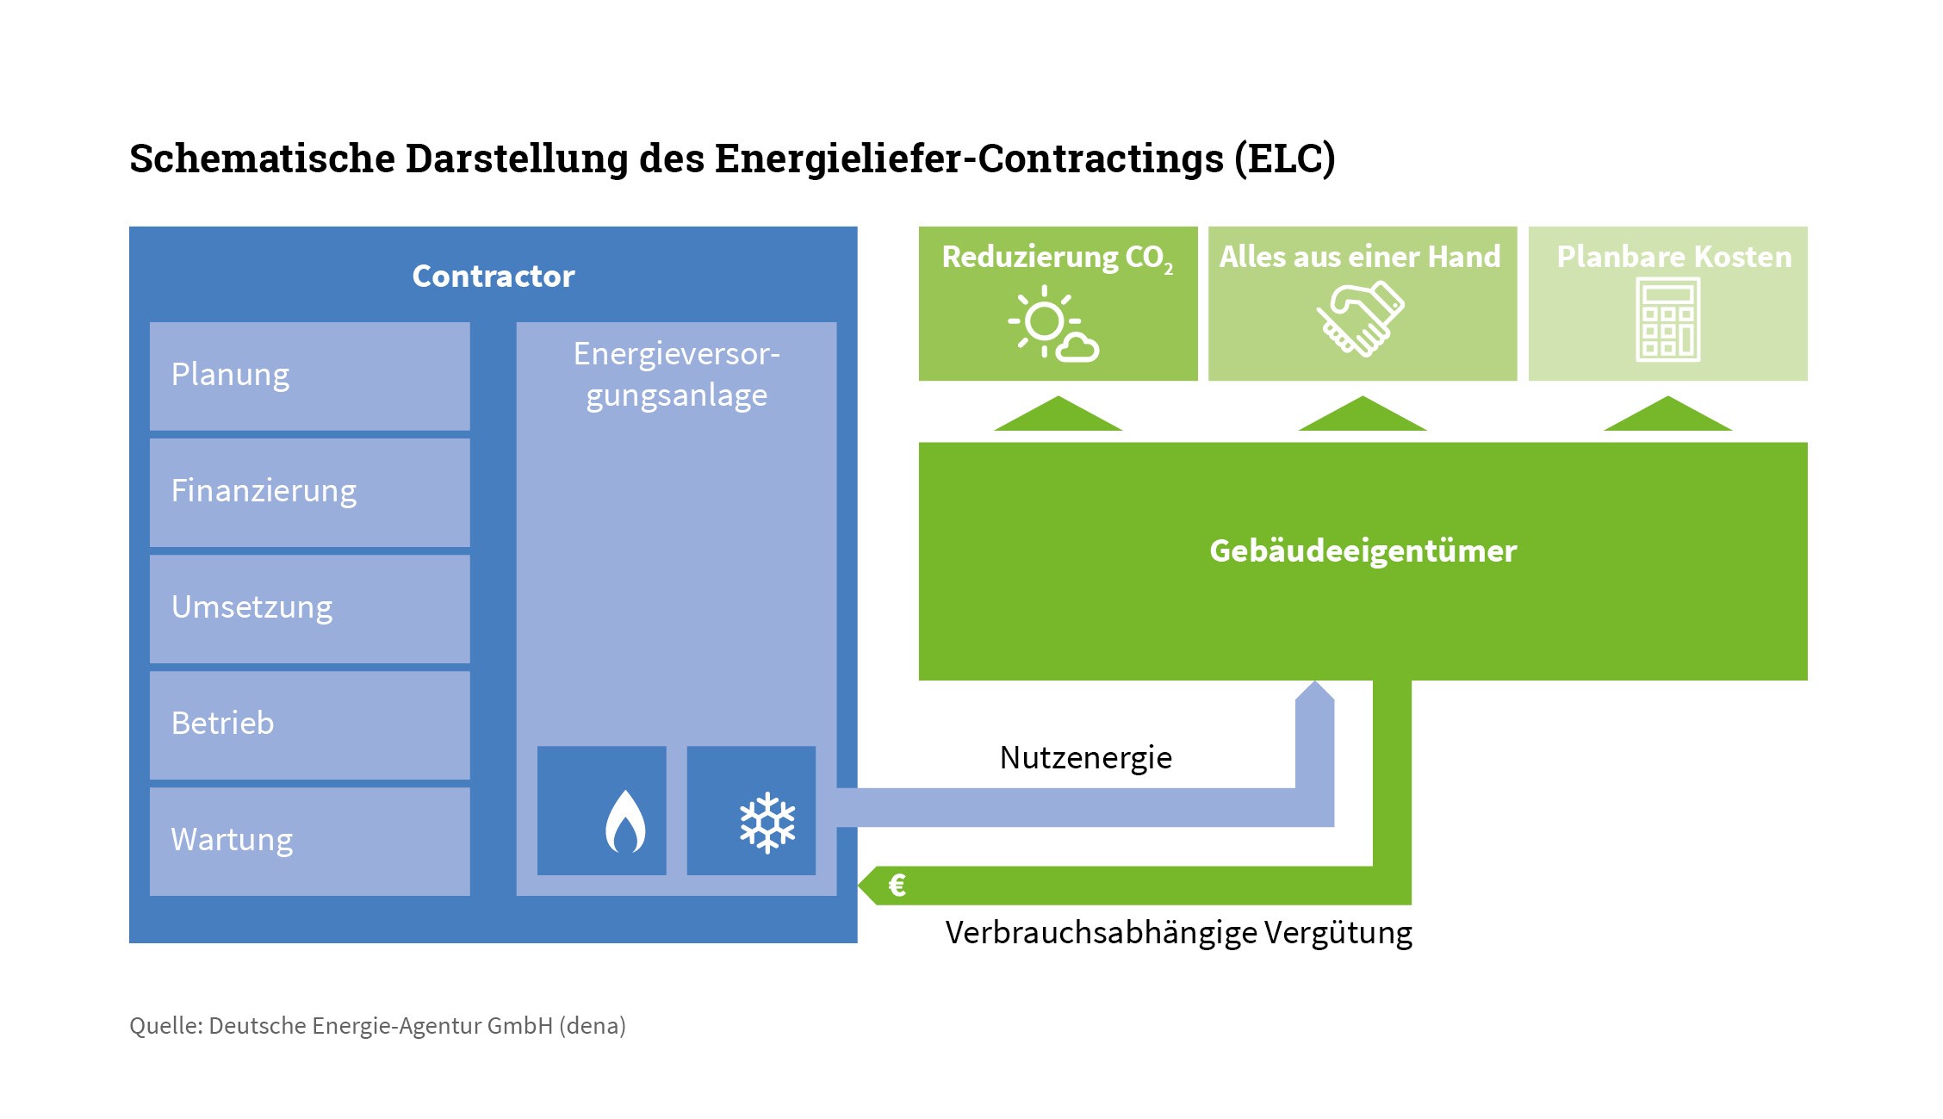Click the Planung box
309,376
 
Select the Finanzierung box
309,492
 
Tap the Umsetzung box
309,608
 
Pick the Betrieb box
309,724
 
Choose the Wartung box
309,841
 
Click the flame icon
625,822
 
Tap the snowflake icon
767,824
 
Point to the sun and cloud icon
1052,323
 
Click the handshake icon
1361,319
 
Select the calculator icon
1667,320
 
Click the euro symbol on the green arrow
897,886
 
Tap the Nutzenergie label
1085,758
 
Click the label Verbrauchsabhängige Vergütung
1178,933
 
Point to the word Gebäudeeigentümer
1363,551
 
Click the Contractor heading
493,277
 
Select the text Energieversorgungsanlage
676,375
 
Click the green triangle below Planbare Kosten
1667,415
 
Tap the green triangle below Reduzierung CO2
1058,415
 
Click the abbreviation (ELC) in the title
1284,159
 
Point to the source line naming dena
377,1026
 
